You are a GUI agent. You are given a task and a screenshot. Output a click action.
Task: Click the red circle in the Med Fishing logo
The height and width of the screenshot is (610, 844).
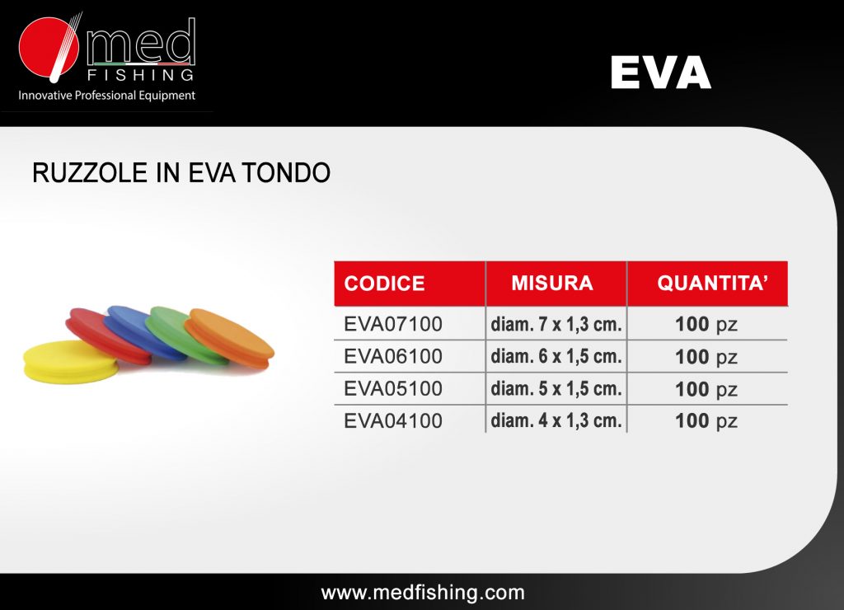[x=47, y=46]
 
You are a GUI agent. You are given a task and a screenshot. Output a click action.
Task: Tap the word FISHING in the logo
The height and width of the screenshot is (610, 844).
[x=140, y=75]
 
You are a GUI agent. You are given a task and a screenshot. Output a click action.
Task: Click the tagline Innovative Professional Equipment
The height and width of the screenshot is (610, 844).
[x=106, y=96]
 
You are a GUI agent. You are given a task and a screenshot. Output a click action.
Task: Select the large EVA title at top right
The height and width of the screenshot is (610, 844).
[x=661, y=73]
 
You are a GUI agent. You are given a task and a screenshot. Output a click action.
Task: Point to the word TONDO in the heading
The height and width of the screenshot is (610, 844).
[x=286, y=173]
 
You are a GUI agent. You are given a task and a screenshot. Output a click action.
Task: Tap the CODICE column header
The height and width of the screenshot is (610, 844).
[x=384, y=284]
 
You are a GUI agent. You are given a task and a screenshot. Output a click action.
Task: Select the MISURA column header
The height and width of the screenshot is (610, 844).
[x=552, y=283]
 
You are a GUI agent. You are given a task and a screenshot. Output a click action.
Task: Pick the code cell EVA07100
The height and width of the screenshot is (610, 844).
[x=393, y=324]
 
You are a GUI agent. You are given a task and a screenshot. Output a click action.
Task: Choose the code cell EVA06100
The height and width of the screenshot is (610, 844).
[x=393, y=356]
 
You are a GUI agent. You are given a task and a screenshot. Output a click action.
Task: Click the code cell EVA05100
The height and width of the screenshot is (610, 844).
[x=393, y=389]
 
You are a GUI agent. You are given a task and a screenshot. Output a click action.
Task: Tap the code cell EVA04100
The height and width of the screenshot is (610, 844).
[x=393, y=421]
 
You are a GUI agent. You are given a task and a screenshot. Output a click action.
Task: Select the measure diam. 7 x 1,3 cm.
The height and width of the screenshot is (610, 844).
[x=556, y=324]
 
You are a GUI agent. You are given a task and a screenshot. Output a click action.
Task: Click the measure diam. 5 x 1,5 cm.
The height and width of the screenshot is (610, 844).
[x=556, y=389]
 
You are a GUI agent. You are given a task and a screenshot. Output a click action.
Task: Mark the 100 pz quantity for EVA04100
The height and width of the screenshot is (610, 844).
[x=706, y=421]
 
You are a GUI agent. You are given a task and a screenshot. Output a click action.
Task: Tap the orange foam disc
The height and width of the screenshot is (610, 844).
[x=230, y=338]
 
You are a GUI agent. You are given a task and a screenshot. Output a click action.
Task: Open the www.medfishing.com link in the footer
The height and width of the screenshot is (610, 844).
[x=423, y=593]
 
